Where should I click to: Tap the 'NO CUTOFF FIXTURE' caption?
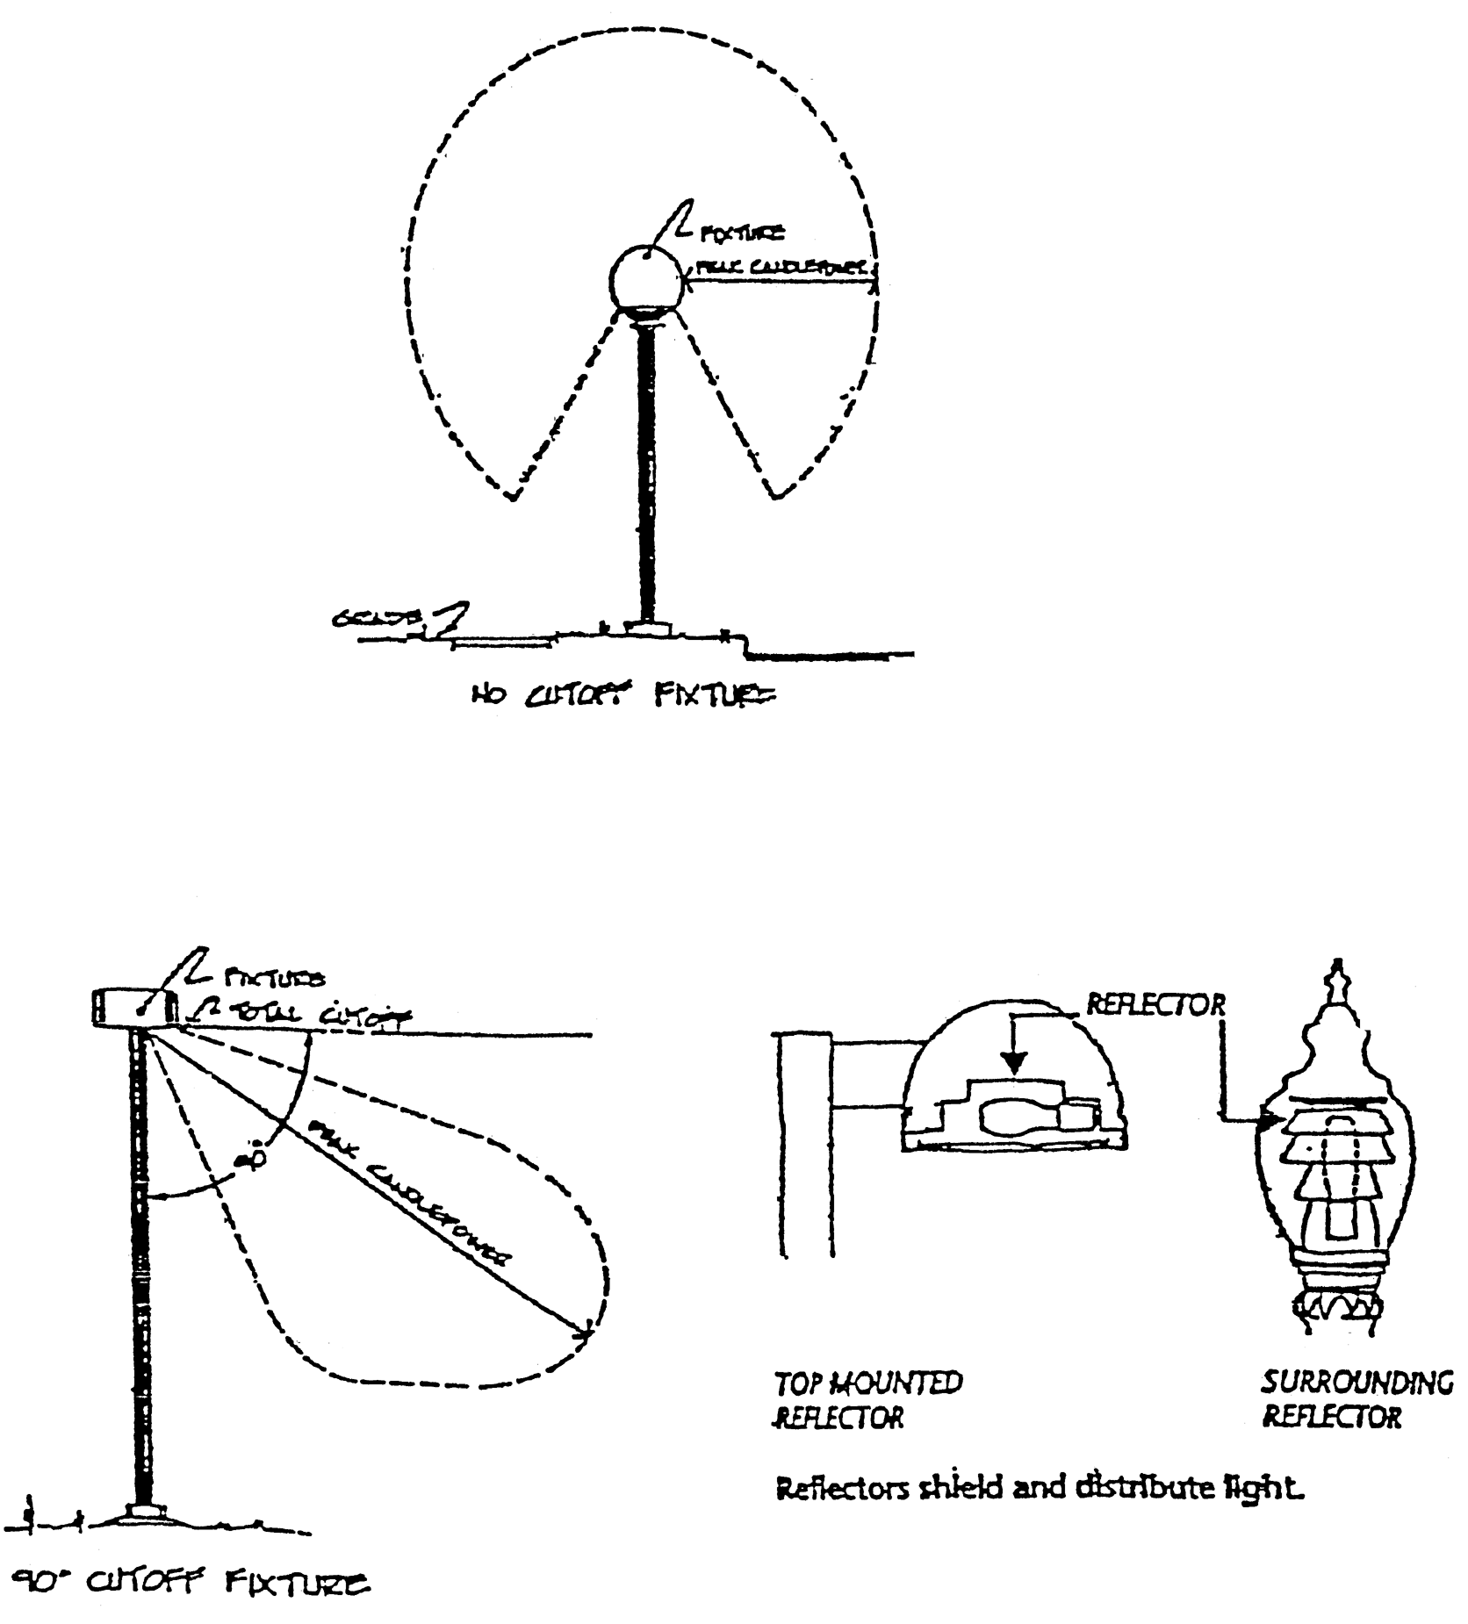coord(622,697)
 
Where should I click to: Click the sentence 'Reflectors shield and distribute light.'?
coord(1036,1489)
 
